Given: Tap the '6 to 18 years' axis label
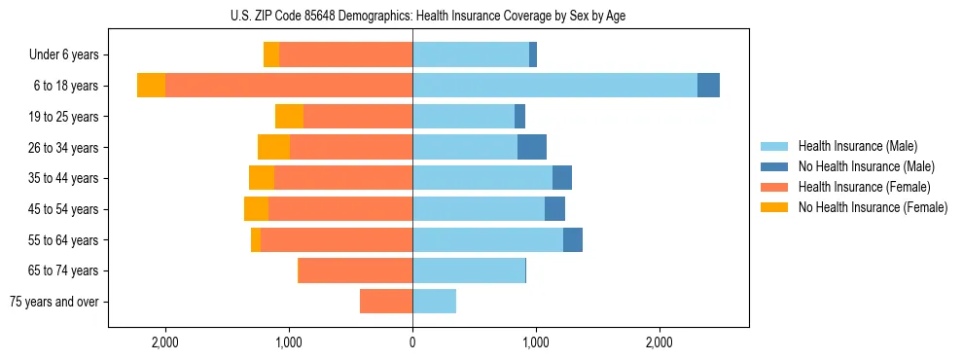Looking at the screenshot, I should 65,86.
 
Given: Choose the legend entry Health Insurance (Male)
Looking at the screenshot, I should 857,147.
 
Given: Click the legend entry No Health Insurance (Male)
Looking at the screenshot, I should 866,167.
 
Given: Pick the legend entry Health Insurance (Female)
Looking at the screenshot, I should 864,187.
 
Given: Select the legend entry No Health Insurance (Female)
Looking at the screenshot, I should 873,207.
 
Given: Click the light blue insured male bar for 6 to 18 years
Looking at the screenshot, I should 554,86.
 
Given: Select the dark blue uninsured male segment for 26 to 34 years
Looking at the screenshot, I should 531,147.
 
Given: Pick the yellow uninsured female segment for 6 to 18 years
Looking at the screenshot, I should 151,86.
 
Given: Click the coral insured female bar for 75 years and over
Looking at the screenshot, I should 386,302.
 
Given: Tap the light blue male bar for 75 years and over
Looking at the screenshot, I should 434,302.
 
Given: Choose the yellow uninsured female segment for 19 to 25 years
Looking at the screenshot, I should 289,117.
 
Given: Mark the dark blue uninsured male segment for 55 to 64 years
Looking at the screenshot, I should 572,239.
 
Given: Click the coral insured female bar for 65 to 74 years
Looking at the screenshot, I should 355,270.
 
